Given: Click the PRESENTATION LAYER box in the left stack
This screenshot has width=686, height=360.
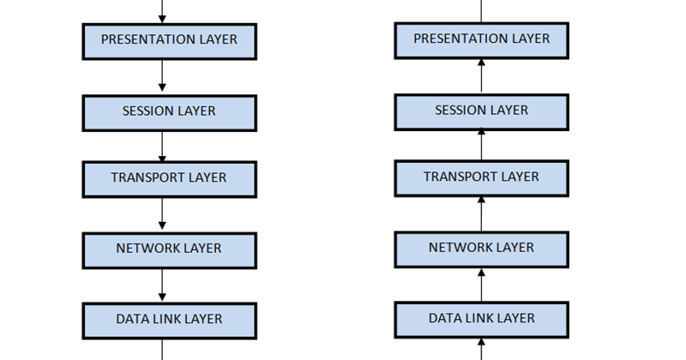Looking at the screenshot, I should tap(169, 41).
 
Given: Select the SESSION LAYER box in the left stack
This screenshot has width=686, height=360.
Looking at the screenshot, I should tap(169, 112).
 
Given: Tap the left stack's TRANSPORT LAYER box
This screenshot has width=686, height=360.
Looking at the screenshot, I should tap(169, 178).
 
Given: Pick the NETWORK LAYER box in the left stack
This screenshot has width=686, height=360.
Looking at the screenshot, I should tap(169, 249).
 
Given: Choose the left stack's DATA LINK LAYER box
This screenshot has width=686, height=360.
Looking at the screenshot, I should tap(169, 320).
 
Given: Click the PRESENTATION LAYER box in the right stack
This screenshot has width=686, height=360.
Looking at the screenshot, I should tap(481, 40).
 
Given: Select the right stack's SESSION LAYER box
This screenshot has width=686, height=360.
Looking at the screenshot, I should tap(481, 111).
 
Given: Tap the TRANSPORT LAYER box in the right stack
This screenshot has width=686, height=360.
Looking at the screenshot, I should tap(481, 177).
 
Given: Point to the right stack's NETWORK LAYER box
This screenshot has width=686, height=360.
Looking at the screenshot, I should tap(481, 249).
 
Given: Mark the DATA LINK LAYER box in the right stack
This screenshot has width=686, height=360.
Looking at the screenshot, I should tap(481, 319).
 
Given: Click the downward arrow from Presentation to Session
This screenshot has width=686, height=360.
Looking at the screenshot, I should tap(162, 77).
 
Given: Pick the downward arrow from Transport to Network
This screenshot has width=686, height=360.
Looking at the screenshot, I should tap(162, 214).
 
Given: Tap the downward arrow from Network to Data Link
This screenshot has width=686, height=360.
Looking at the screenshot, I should tap(162, 285).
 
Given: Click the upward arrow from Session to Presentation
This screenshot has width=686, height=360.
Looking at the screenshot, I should tap(481, 76).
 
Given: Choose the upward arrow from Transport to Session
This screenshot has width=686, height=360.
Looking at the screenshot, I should tap(481, 145).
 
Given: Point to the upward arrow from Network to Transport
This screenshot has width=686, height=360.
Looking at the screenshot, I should tap(481, 213).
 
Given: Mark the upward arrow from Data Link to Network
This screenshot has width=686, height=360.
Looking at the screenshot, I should tap(481, 284).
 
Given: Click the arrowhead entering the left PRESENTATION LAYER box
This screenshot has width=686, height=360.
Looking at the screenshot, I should tap(162, 19).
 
